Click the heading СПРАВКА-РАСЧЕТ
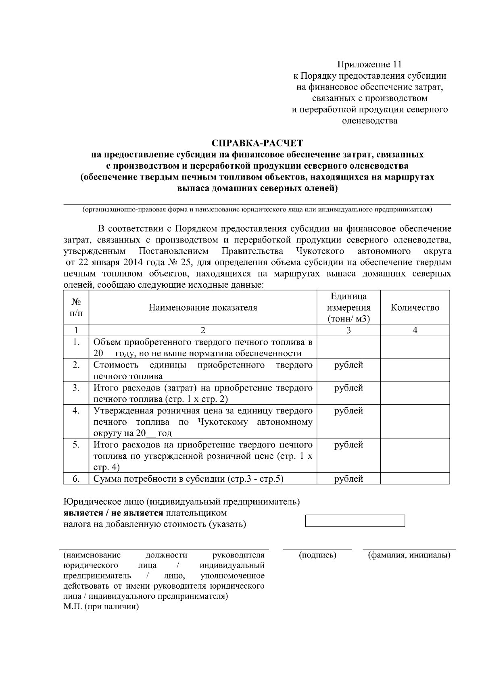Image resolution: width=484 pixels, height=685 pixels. point(257,143)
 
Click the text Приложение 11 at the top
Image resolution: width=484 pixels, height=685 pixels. point(369,65)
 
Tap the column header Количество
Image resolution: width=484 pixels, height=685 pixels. point(415,307)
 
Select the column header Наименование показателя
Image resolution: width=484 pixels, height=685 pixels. point(203,307)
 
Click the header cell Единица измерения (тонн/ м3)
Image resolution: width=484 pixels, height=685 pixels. point(348,307)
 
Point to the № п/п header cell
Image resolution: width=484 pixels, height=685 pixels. point(76,307)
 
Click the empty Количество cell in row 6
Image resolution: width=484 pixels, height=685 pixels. point(415,478)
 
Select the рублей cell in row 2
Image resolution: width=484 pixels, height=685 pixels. point(348,365)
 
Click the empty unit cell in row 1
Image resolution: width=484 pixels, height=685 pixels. point(348,347)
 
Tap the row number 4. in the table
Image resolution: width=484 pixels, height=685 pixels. point(76,411)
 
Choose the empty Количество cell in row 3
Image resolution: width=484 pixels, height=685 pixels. point(415,393)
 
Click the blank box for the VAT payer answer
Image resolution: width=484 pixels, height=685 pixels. point(355,520)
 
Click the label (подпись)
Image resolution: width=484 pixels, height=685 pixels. point(317,555)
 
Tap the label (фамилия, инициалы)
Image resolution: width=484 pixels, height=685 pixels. point(409,555)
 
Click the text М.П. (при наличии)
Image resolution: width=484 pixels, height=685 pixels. point(101,607)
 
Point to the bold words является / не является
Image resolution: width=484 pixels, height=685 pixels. point(113,513)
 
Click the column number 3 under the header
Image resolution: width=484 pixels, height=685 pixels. point(348,330)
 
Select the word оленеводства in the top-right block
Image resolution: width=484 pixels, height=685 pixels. point(369,121)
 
